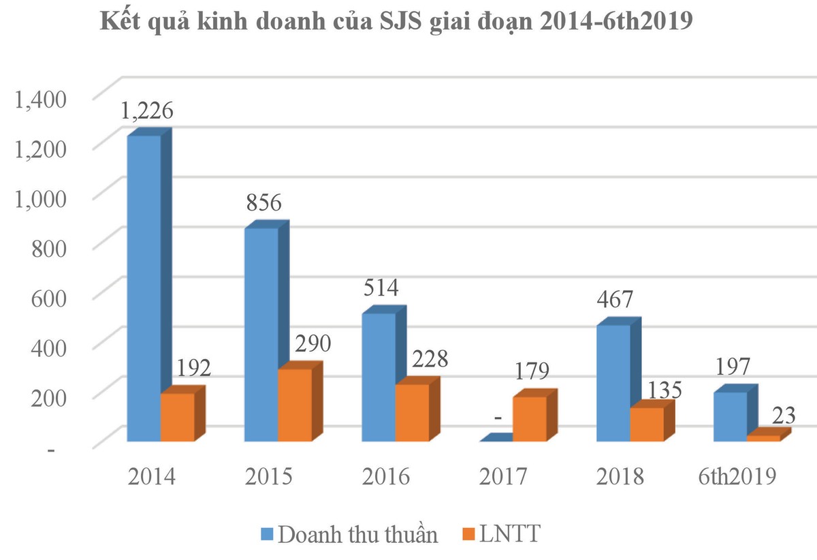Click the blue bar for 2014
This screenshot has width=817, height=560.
point(144,286)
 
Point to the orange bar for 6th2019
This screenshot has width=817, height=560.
point(764,437)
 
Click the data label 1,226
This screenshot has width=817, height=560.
point(147,110)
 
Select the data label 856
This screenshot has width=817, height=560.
point(263,203)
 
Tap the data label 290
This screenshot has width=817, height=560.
point(312,343)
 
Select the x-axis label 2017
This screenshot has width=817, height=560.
point(503,476)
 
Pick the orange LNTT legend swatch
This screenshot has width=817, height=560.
point(468,533)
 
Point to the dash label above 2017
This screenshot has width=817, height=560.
point(499,431)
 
